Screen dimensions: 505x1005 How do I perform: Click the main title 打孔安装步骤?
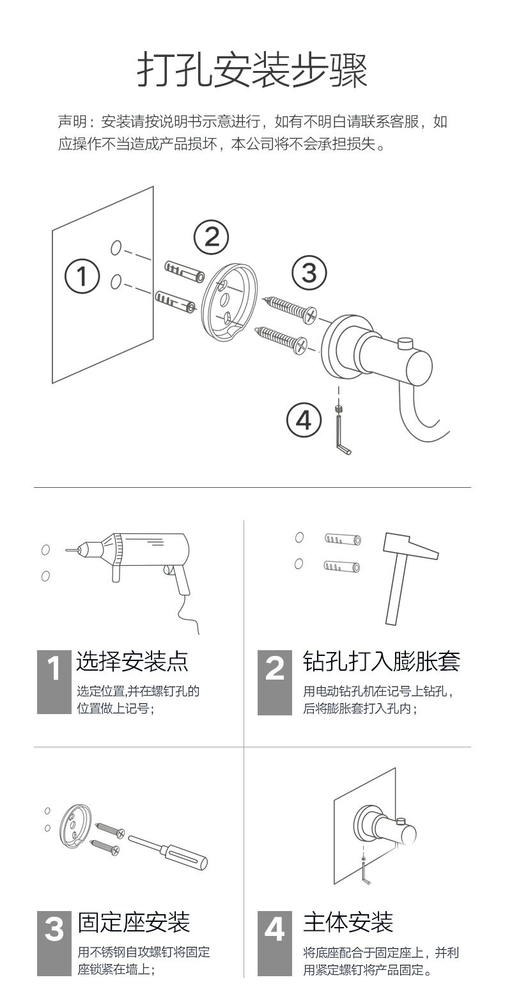click(x=252, y=70)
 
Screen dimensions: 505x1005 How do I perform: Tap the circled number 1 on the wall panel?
click(x=82, y=276)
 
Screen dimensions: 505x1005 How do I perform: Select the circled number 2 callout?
click(x=211, y=237)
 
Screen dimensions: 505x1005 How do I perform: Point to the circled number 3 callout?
click(x=309, y=273)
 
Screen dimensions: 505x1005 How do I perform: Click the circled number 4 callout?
click(x=304, y=421)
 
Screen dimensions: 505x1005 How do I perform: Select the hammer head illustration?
click(x=410, y=546)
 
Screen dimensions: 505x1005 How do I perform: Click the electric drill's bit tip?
click(x=66, y=550)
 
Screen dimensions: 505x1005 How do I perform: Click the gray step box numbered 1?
click(x=54, y=682)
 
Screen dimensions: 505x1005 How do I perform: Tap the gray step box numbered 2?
click(x=274, y=682)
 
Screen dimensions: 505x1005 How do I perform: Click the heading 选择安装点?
click(x=132, y=661)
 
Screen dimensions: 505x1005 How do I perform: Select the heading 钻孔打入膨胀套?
click(x=381, y=661)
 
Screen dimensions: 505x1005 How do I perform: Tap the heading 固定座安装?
click(x=134, y=922)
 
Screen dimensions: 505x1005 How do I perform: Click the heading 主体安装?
click(x=348, y=922)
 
